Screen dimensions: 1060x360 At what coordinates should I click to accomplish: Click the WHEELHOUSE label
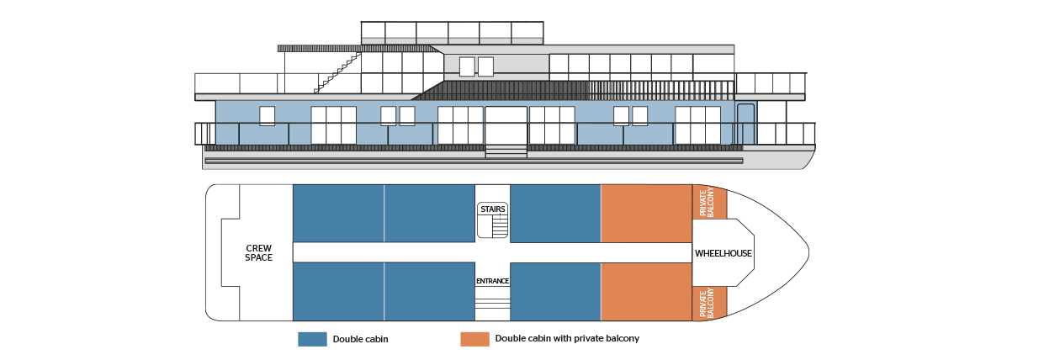click(x=723, y=253)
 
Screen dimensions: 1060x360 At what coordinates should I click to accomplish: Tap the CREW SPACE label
click(x=258, y=252)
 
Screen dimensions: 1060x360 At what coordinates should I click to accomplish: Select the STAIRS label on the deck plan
click(x=493, y=209)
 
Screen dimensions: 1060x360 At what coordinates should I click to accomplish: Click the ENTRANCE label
click(x=493, y=281)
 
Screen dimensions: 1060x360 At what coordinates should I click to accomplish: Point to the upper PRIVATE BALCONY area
click(x=709, y=202)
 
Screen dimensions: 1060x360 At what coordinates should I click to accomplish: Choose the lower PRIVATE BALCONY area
click(x=709, y=303)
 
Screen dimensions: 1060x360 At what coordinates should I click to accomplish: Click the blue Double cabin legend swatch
click(x=312, y=339)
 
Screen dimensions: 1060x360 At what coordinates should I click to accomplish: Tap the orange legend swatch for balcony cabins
click(x=474, y=339)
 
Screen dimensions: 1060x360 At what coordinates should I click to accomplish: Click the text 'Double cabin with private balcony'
click(x=567, y=338)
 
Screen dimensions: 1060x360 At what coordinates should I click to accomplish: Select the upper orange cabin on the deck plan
click(x=646, y=214)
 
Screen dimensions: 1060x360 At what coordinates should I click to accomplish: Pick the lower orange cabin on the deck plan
click(x=646, y=292)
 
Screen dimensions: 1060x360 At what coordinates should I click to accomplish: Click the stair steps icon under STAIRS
click(x=500, y=225)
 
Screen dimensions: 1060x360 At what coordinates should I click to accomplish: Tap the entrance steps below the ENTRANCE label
click(x=493, y=304)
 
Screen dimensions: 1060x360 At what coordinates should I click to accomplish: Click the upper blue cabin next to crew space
click(x=338, y=214)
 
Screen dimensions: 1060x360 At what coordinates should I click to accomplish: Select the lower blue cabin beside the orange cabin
click(x=555, y=292)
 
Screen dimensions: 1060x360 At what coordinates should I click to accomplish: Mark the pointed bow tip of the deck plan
click(x=809, y=252)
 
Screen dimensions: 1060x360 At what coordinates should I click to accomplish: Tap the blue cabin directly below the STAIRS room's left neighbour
click(x=429, y=292)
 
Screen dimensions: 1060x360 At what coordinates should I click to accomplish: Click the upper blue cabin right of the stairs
click(x=555, y=214)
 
